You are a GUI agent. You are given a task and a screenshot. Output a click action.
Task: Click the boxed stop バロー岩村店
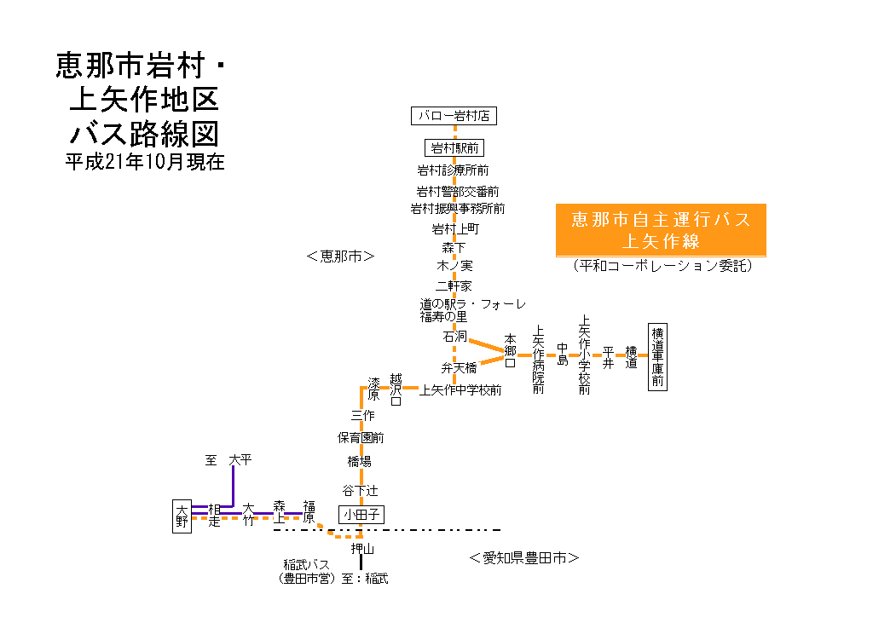(x=454, y=115)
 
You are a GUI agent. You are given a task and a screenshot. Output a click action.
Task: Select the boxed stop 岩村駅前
(x=454, y=147)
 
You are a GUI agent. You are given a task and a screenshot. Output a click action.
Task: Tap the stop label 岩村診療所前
(x=453, y=170)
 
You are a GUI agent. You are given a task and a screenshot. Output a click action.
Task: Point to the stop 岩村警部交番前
(x=457, y=191)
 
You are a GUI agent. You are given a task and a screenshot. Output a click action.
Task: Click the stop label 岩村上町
(x=455, y=228)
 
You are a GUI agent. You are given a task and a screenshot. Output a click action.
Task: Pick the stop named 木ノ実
(x=454, y=266)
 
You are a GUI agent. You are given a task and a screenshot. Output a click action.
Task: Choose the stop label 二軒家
(x=454, y=285)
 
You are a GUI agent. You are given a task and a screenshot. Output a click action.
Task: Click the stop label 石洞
(x=454, y=337)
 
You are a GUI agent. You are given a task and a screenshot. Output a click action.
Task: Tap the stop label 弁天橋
(x=459, y=368)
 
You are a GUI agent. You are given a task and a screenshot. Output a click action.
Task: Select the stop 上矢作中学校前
(x=460, y=390)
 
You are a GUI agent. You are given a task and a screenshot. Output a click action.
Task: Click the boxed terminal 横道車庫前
(x=656, y=357)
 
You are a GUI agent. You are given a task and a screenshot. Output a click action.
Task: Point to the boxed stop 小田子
(x=361, y=514)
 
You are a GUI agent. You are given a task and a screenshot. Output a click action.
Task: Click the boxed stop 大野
(x=182, y=516)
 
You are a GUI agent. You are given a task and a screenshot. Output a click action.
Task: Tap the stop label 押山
(x=362, y=549)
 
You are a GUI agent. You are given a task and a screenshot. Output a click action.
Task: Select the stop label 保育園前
(x=361, y=438)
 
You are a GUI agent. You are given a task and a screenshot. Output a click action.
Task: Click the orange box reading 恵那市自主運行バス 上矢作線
(x=660, y=230)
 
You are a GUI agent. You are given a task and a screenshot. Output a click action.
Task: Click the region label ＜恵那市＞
(x=340, y=255)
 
